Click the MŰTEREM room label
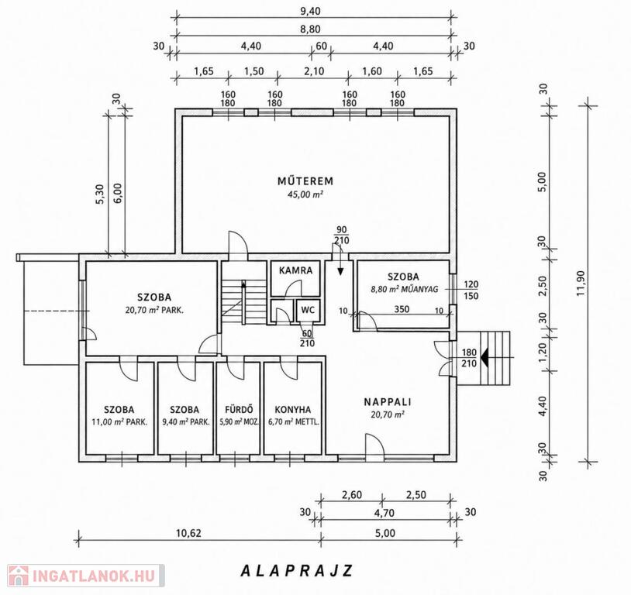pos(305,181)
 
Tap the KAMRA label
pos(296,270)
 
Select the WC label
pos(308,310)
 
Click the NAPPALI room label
pos(388,401)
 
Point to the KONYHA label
pos(293,410)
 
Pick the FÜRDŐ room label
pos(239,410)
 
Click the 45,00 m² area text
pos(305,194)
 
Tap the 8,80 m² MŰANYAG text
pos(404,289)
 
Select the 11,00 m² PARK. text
pos(119,422)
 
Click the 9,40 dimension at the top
pos(311,11)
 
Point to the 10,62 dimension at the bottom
pos(188,534)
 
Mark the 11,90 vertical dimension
pos(581,283)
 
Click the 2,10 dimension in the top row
pos(314,71)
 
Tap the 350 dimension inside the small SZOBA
pos(402,309)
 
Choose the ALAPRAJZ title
pos(297,570)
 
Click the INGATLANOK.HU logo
pos(86,576)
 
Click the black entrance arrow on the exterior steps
pos(485,358)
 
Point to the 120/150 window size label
pos(471,291)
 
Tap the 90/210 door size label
pos(341,236)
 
